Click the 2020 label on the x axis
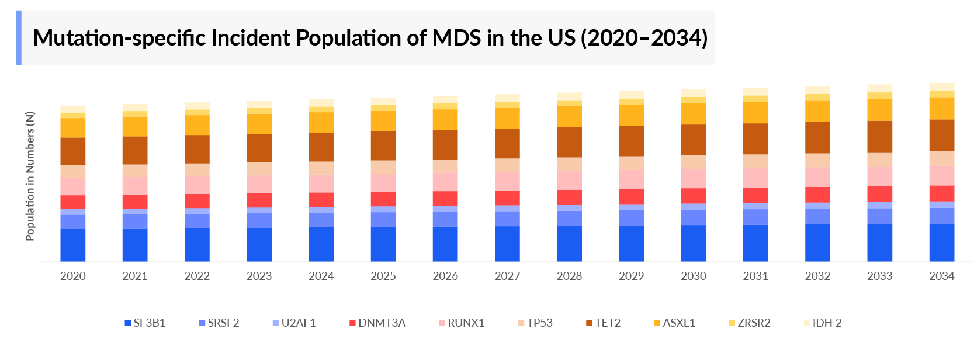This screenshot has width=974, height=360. click(x=72, y=276)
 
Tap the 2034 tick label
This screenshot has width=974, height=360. click(x=941, y=276)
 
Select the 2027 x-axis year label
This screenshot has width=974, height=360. click(x=507, y=276)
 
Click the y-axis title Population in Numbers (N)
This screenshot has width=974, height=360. click(x=30, y=175)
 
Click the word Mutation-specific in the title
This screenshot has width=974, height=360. click(x=119, y=38)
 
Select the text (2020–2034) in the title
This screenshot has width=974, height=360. click(x=644, y=38)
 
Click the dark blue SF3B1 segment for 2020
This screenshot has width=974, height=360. click(x=72, y=245)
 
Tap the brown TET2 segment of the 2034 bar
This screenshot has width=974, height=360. click(x=941, y=136)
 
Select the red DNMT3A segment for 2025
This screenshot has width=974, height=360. click(x=383, y=199)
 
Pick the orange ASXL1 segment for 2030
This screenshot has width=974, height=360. click(x=693, y=114)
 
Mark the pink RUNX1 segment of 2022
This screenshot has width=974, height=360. click(x=197, y=185)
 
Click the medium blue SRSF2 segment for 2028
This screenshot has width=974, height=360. click(x=569, y=219)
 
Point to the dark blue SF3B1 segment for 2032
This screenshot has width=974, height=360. click(x=817, y=243)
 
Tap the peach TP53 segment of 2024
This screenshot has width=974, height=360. click(x=321, y=168)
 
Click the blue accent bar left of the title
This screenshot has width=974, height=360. click(x=19, y=38)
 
